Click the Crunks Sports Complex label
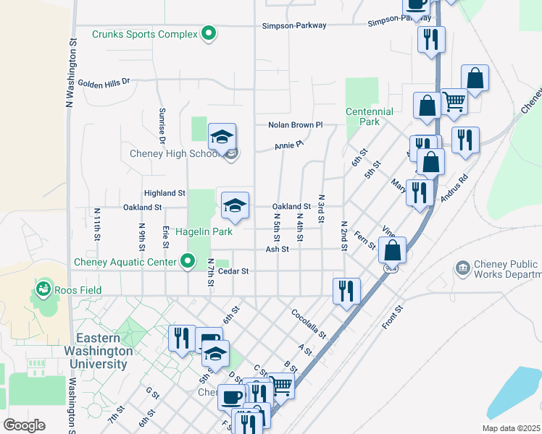click(145, 34)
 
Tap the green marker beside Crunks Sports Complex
click(209, 33)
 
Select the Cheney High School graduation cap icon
click(222, 136)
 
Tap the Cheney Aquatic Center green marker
click(188, 261)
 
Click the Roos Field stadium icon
click(43, 290)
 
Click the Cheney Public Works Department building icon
click(462, 269)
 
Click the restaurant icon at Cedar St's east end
click(346, 291)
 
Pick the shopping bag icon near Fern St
click(392, 250)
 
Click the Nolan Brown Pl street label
click(295, 125)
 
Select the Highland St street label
click(165, 193)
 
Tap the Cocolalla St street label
click(309, 325)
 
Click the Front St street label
click(393, 317)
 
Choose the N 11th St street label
click(96, 224)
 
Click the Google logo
click(25, 425)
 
